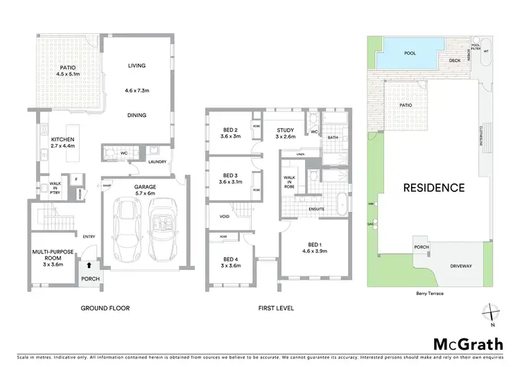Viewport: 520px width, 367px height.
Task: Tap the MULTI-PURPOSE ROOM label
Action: (52, 256)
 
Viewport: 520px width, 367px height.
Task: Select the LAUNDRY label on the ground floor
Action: (158, 163)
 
